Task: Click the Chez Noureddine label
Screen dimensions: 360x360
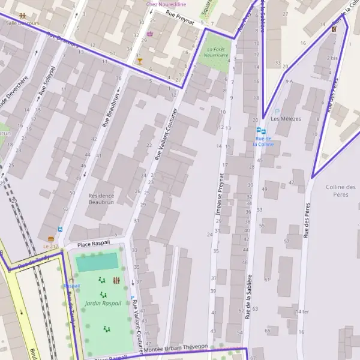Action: click(166, 4)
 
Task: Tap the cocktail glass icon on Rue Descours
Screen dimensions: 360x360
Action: click(140, 61)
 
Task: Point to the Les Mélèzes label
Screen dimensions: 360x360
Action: click(286, 119)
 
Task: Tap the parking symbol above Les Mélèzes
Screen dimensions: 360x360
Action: click(277, 111)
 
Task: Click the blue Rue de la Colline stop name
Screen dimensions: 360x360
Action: click(263, 141)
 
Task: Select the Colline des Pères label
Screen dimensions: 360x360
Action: click(340, 191)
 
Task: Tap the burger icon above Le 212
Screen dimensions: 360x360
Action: click(51, 239)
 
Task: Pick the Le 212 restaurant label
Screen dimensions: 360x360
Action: click(51, 247)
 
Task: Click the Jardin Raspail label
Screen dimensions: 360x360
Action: click(103, 303)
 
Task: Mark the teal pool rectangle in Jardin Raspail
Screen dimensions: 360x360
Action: click(97, 262)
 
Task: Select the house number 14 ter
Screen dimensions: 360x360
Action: click(301, 312)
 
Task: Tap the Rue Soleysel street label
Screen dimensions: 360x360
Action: click(44, 80)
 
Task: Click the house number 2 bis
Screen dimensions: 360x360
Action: click(332, 59)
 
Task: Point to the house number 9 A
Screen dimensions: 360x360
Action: click(289, 81)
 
